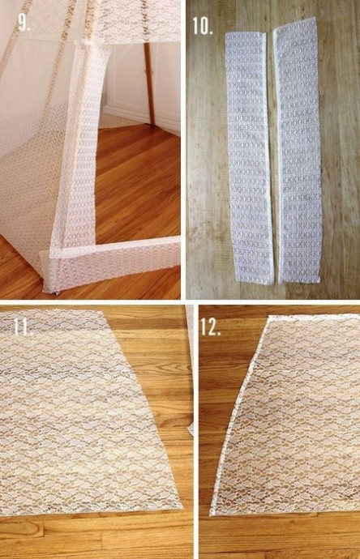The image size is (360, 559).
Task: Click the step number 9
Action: (24, 23)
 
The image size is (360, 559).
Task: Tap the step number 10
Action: (203, 26)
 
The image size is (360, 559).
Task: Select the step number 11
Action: (24, 326)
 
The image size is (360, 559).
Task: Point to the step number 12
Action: (211, 326)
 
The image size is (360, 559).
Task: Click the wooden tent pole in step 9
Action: (148, 83)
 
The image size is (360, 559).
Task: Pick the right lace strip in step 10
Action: (298, 150)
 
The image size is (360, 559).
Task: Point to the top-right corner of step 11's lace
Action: (102, 311)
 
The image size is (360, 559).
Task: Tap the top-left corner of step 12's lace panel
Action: (269, 316)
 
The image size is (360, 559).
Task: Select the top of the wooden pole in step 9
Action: (147, 45)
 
